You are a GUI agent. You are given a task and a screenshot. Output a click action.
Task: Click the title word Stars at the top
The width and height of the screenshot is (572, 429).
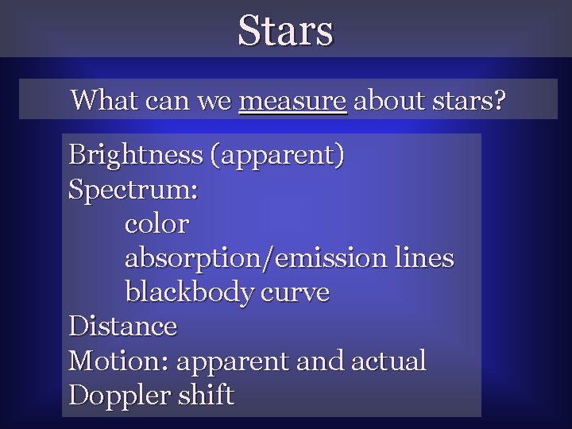point(286,30)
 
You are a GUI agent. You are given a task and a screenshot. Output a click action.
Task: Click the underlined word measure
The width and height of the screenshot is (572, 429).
point(292,102)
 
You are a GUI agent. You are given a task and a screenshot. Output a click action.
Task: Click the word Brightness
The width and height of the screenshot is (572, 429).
point(135,155)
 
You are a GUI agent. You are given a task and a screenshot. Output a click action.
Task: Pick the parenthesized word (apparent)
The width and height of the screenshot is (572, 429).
point(276,155)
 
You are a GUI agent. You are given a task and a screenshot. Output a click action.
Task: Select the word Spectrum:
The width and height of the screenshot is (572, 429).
point(133,190)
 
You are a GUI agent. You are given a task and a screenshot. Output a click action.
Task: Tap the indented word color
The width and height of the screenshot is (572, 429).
point(157,224)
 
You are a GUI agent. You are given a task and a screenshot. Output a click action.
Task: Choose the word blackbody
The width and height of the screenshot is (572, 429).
point(187,292)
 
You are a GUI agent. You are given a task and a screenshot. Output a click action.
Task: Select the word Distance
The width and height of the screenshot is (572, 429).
point(123,327)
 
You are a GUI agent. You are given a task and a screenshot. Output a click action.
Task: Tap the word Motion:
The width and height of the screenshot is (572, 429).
point(119,361)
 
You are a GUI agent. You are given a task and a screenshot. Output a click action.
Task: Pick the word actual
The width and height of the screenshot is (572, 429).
point(388,361)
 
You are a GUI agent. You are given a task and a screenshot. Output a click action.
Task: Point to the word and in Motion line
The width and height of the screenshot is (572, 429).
point(320,361)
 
